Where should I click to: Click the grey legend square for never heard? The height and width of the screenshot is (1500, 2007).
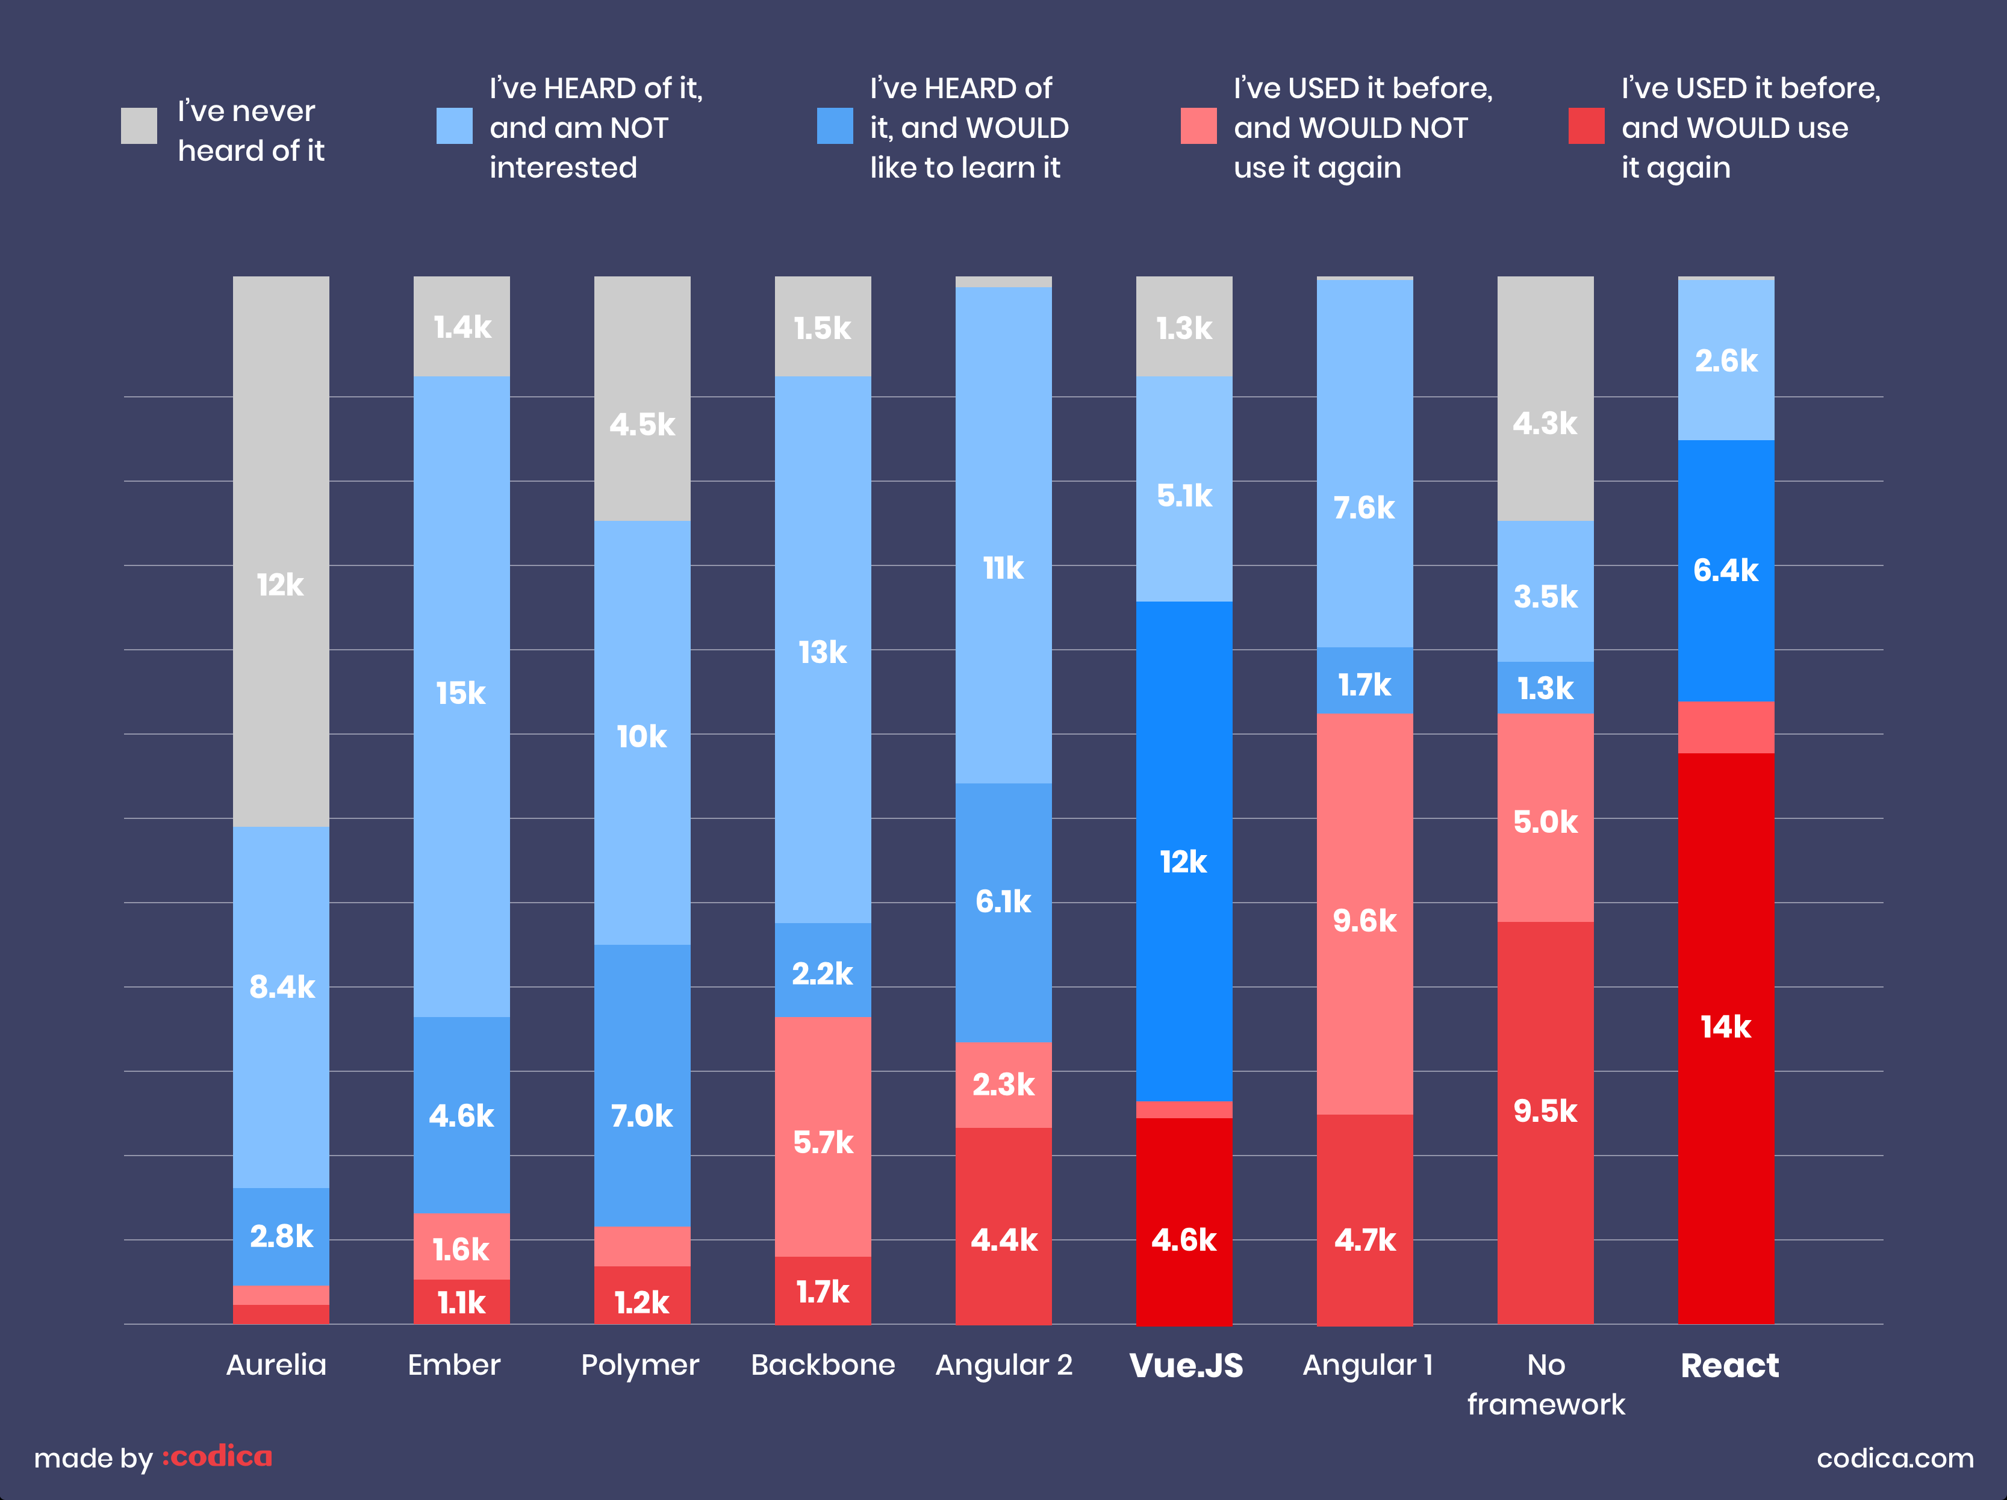(139, 126)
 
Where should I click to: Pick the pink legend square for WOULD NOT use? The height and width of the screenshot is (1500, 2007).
(1198, 126)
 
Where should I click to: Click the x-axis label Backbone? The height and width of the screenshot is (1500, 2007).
(823, 1365)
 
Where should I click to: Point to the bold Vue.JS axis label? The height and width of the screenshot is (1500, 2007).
(1186, 1365)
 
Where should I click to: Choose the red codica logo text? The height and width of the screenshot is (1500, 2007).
(218, 1457)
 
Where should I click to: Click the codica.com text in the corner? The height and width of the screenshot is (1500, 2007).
(1894, 1458)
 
